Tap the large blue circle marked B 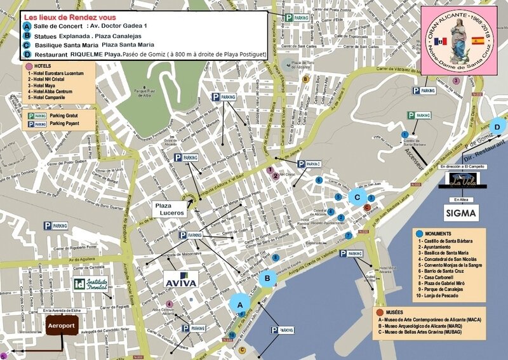pos(268,277)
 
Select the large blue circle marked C pos(358,197)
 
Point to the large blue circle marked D pos(498,127)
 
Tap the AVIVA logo pos(182,279)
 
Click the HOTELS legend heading pos(41,66)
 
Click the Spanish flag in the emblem pos(477,41)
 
